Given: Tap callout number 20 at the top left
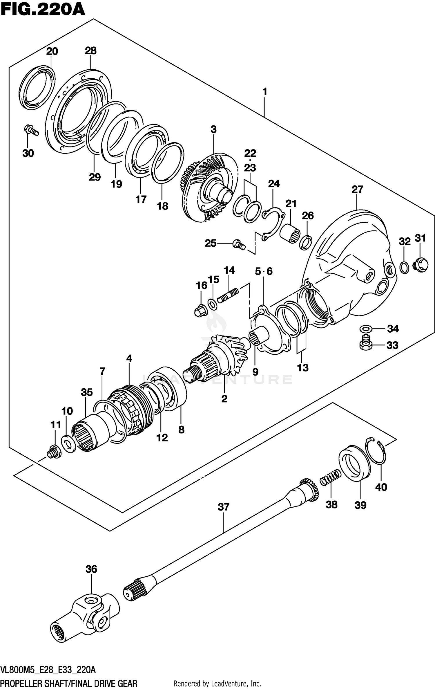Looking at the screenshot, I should pos(52,52).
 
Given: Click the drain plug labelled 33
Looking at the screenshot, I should pos(366,344).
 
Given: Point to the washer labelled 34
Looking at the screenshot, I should pos(366,329).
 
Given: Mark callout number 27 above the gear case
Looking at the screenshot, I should pos(357,190).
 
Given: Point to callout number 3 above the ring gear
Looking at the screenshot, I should pos(213,129).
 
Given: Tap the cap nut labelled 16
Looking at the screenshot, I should pos(200,311).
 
